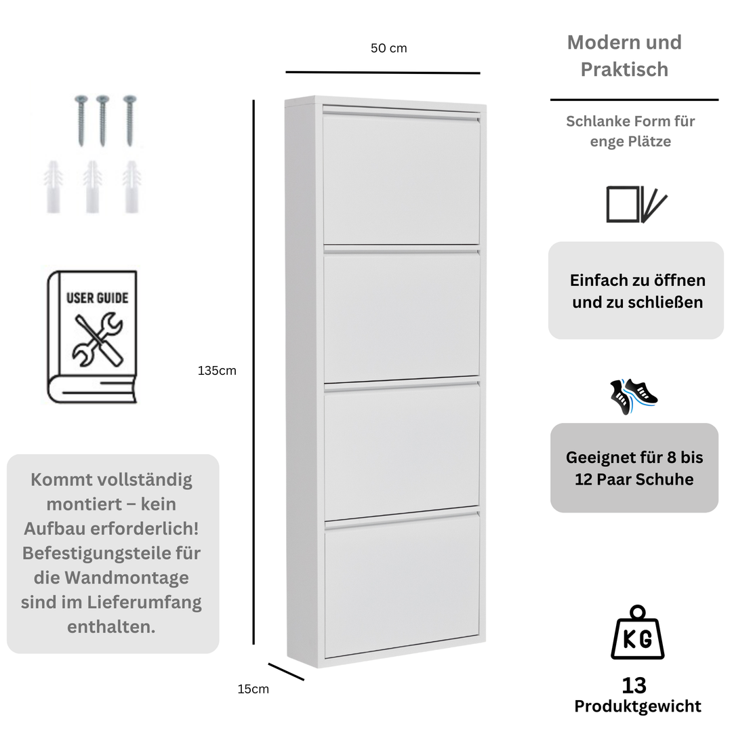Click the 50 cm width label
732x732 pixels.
(388, 48)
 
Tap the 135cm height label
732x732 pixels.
(217, 371)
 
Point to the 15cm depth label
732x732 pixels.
(253, 689)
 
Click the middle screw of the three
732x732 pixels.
(102, 119)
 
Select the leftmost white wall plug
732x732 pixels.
(54, 188)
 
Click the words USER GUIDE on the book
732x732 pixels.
(97, 298)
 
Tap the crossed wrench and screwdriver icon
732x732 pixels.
(98, 340)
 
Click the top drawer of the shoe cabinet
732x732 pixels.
(401, 179)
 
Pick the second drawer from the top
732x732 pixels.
(401, 317)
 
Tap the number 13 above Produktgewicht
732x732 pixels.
(634, 685)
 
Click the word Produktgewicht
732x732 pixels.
(637, 706)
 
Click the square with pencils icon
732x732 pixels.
(636, 204)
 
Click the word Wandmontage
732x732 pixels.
(127, 577)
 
